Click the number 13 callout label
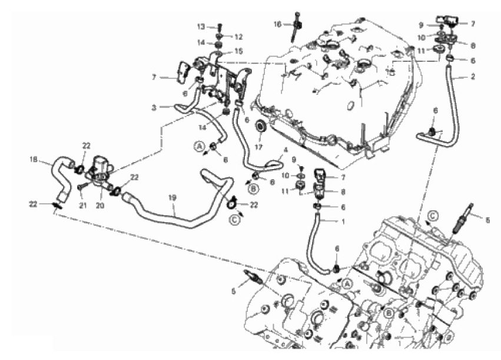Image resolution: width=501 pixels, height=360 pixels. click(201, 27)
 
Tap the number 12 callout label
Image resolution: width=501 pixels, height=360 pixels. click(238, 37)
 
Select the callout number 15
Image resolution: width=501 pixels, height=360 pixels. click(238, 51)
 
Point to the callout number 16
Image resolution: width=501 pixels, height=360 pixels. click(277, 24)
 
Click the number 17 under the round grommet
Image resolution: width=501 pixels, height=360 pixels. click(258, 147)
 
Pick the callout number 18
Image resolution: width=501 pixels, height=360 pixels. click(34, 159)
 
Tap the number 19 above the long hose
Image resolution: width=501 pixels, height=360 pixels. click(172, 198)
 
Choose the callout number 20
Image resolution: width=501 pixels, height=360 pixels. click(100, 206)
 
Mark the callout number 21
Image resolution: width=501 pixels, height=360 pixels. click(83, 206)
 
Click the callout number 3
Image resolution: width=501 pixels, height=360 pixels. click(154, 108)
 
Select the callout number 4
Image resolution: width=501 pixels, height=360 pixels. click(286, 150)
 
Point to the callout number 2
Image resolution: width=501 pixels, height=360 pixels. click(473, 77)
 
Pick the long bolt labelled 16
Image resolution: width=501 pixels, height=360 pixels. click(296, 27)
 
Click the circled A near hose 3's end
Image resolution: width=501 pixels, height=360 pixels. click(199, 146)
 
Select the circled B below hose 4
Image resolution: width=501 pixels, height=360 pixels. click(253, 189)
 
